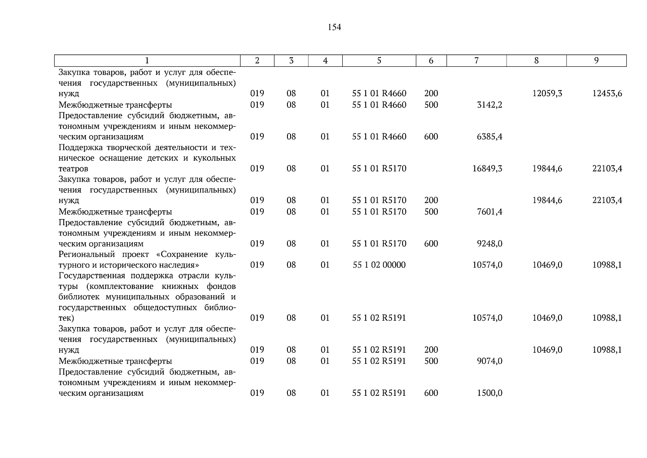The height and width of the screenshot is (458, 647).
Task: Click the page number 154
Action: [334, 27]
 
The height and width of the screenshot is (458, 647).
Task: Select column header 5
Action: [379, 61]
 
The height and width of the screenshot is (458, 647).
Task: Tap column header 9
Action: [596, 61]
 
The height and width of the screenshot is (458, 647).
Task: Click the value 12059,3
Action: [547, 94]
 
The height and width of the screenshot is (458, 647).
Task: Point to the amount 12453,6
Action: [607, 94]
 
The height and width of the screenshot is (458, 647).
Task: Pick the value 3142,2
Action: [490, 105]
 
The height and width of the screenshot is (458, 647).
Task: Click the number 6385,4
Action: [490, 137]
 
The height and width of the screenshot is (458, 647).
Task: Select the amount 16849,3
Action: [487, 169]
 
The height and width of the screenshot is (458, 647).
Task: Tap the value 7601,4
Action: [490, 212]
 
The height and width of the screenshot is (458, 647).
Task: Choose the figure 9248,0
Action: [490, 244]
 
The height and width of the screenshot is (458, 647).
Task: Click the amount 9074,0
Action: [490, 361]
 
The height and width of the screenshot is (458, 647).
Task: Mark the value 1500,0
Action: [490, 393]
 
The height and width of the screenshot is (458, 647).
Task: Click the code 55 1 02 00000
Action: [379, 265]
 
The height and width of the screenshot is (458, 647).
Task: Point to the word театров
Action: [73, 169]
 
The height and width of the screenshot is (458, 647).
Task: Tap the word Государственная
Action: [92, 276]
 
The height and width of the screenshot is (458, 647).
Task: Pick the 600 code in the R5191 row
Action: [431, 393]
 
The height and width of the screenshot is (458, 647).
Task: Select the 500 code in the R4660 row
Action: [431, 105]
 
